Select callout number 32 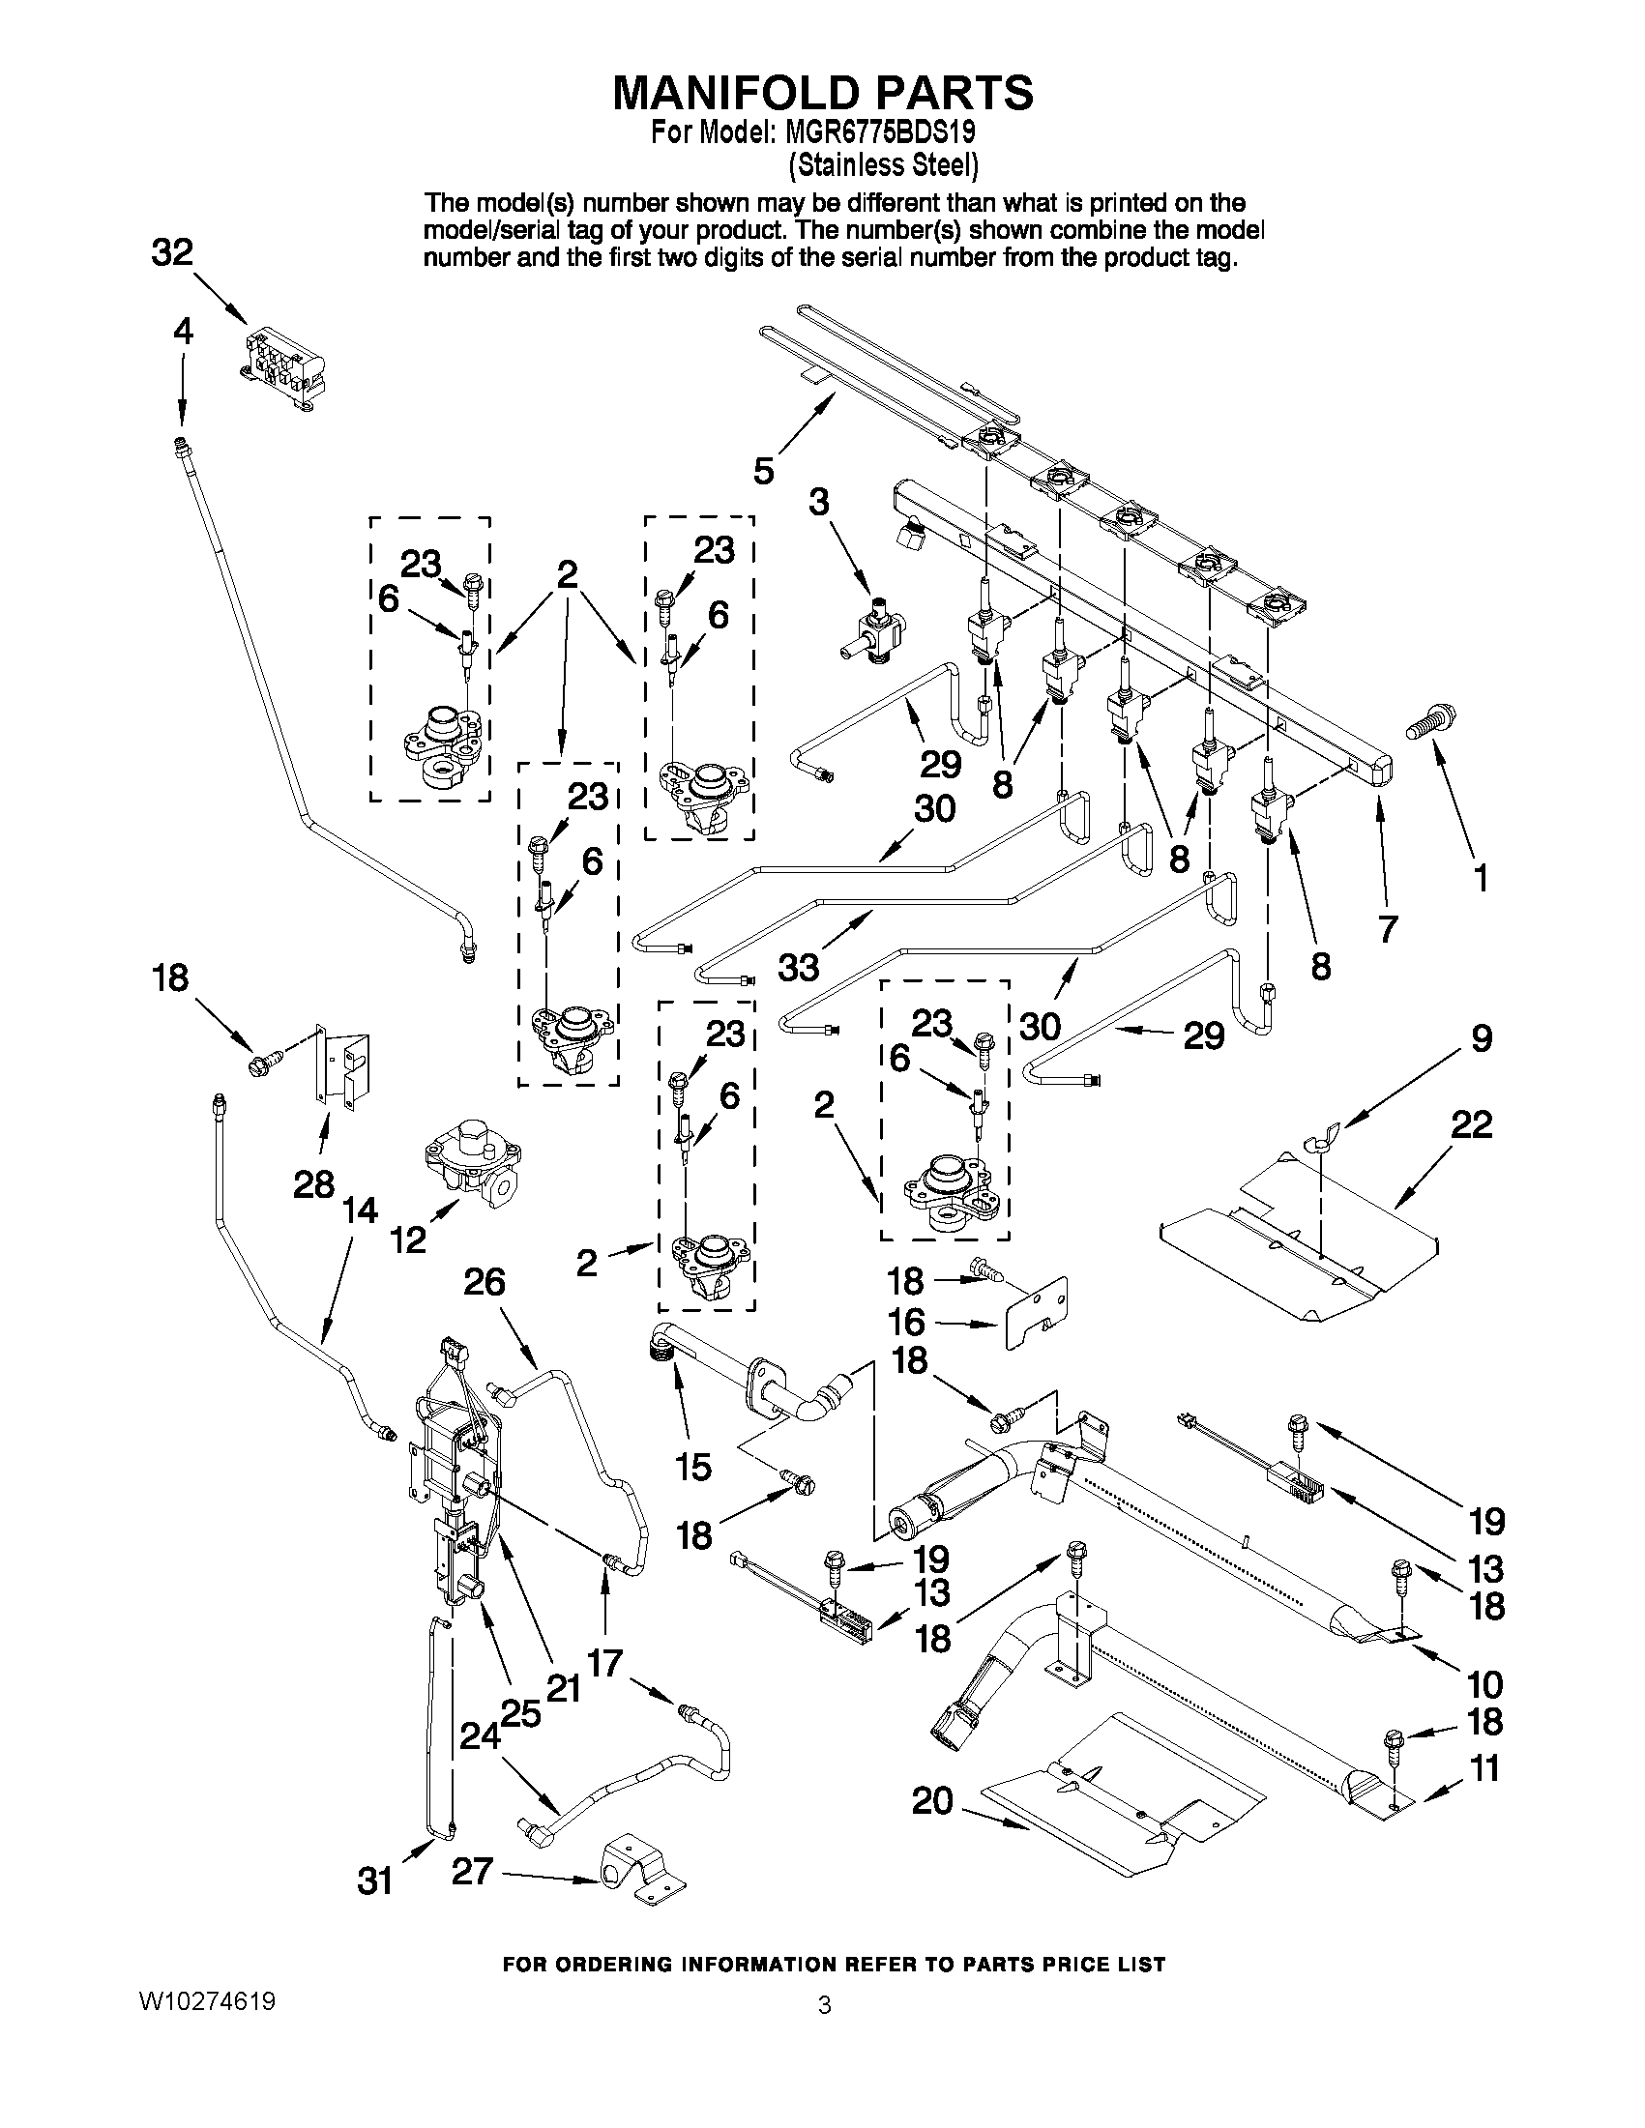point(172,253)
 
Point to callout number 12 point(408,1239)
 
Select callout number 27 point(473,1871)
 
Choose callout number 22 point(1472,1125)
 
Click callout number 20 point(932,1801)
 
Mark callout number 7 point(1388,928)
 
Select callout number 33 point(799,968)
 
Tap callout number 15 point(692,1467)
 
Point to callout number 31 point(375,1880)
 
